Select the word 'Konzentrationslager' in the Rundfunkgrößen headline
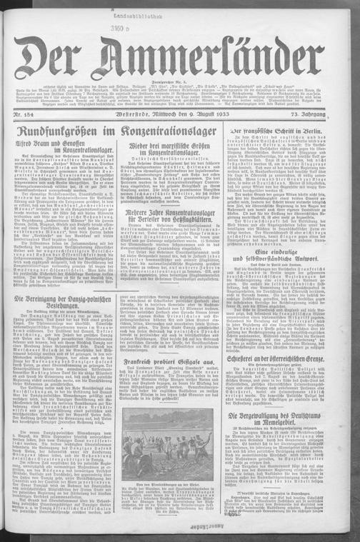[x=171, y=132]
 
